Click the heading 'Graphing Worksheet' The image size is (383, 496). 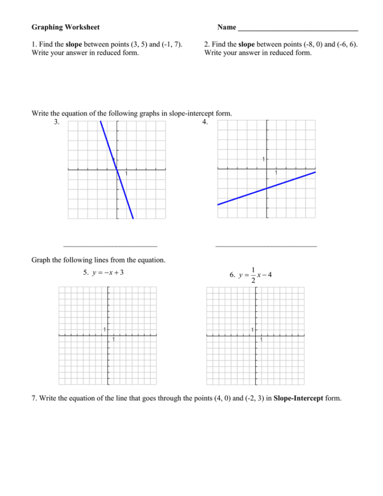[65, 27]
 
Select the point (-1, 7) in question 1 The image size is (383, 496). [170, 44]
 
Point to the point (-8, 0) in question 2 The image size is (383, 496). [311, 44]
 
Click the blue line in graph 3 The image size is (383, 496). [117, 170]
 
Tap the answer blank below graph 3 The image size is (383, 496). [110, 245]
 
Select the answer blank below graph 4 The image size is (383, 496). [266, 245]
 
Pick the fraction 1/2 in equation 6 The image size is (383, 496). [253, 275]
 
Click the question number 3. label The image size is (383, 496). [57, 122]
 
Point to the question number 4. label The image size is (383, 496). [205, 122]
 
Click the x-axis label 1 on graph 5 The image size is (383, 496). [114, 340]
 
